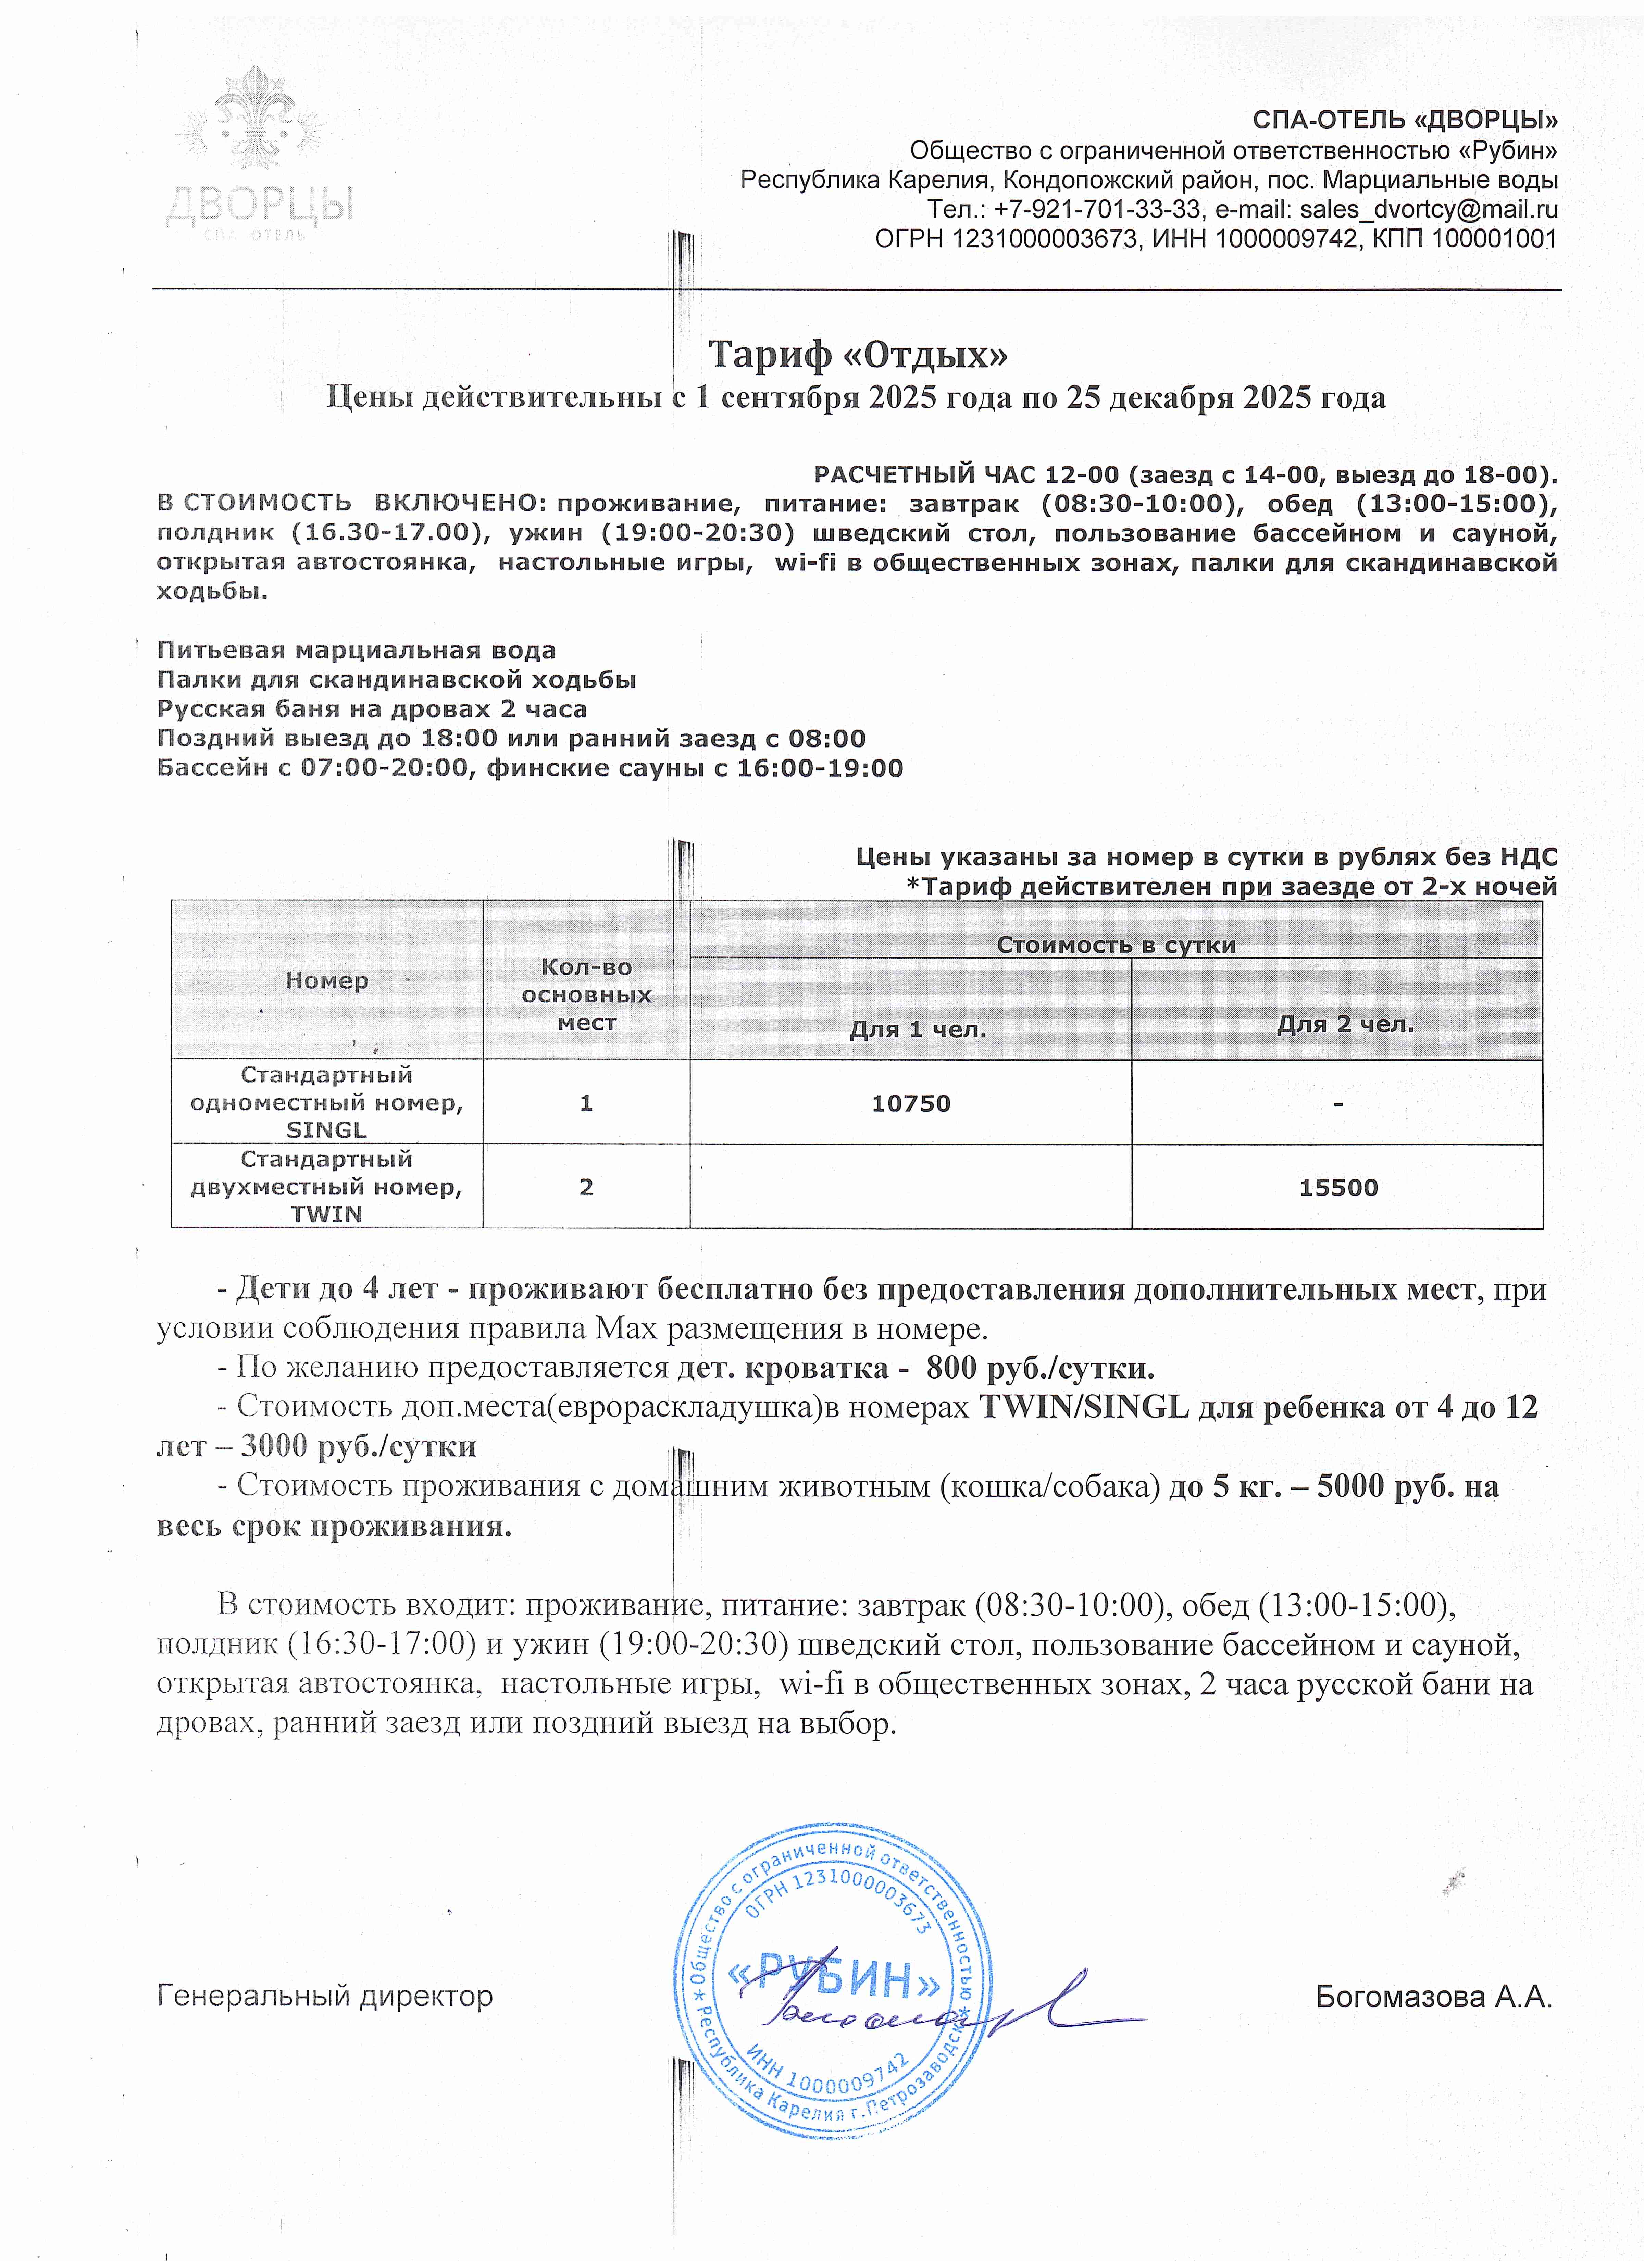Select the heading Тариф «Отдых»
pos(857,354)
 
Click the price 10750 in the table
pos(910,1103)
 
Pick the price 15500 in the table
pos(1338,1187)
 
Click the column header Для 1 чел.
pos(917,1030)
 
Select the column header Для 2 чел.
pos(1345,1024)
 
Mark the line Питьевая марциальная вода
pos(356,651)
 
